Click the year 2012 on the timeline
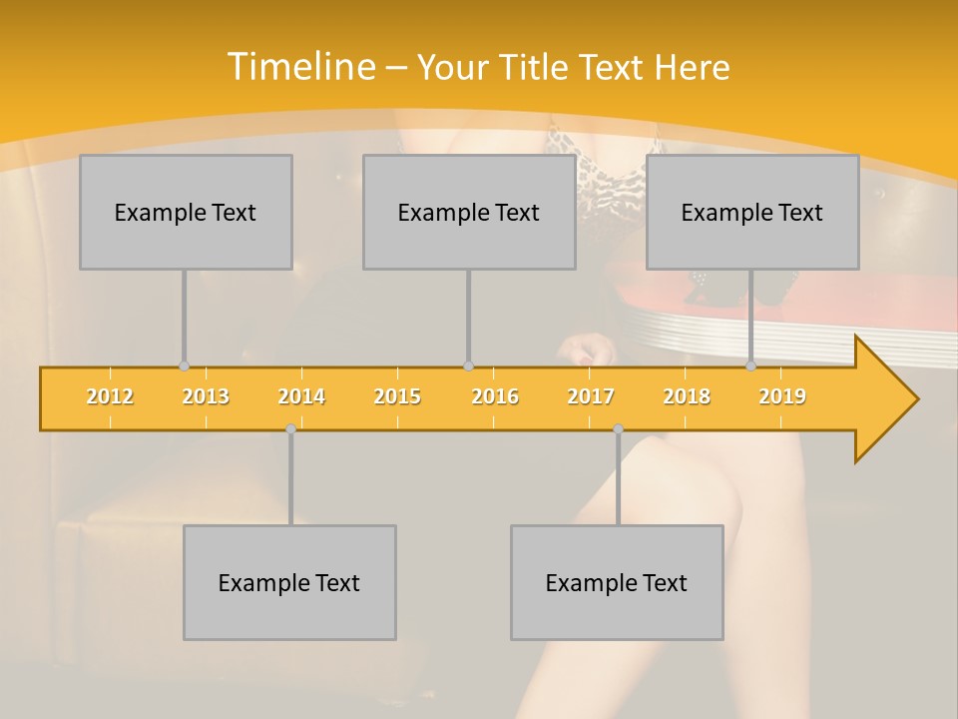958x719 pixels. (110, 396)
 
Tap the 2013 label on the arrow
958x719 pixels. (206, 396)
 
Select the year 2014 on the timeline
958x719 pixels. (301, 396)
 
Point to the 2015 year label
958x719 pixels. (397, 396)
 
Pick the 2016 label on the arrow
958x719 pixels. (495, 396)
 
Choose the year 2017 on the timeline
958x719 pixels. (591, 396)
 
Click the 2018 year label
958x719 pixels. (687, 396)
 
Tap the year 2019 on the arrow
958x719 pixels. (782, 396)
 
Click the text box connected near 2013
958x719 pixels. (186, 212)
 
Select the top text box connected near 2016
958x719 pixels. (469, 212)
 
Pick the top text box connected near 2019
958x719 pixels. (752, 212)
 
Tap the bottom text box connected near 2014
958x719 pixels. (289, 582)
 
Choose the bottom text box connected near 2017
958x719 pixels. (617, 582)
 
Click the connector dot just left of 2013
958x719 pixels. (184, 366)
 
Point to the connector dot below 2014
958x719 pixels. (290, 429)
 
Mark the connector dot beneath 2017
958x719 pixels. (618, 429)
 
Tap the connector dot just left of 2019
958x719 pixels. (750, 366)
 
